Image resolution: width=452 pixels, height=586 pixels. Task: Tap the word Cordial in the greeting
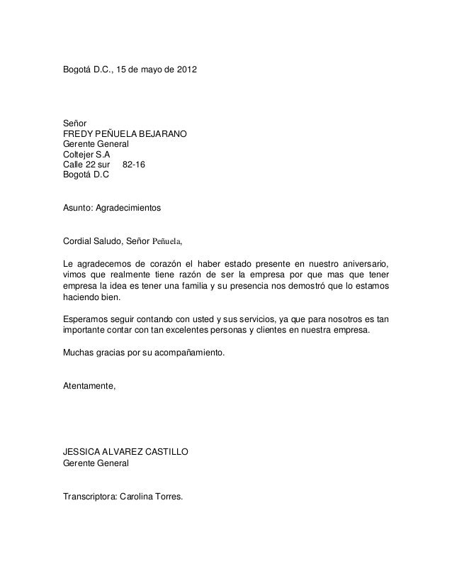pos(79,241)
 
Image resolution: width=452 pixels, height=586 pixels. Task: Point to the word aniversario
pos(363,265)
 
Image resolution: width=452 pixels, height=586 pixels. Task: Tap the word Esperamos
pos(88,319)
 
